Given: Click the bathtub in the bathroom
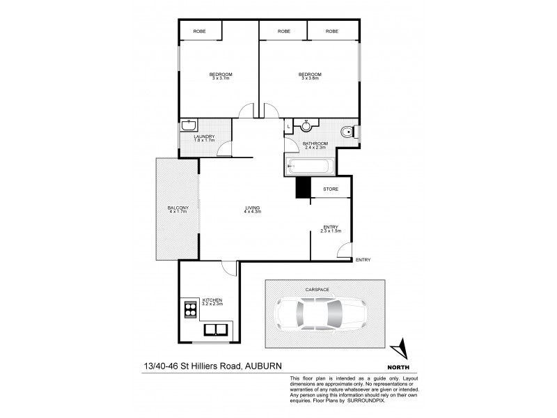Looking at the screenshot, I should (311, 167).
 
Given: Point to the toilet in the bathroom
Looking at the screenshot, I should (348, 131).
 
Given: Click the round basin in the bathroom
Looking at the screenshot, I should (306, 125).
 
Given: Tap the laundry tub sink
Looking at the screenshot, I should (187, 127).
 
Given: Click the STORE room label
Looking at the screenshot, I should (330, 188).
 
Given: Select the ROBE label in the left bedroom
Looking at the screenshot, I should (200, 31).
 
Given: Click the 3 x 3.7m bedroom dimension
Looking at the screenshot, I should (221, 78).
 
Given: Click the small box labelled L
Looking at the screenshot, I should (288, 126).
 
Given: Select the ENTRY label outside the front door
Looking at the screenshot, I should (363, 260).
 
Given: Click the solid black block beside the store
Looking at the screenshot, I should (303, 188).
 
